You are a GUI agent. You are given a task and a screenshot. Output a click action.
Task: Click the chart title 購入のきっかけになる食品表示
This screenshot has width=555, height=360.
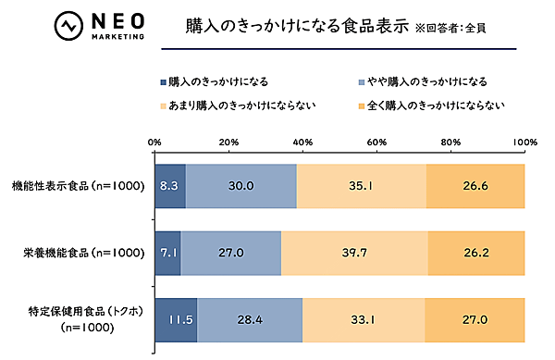coord(284,25)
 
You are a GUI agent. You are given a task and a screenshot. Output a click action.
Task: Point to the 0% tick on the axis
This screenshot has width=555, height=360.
coord(155,142)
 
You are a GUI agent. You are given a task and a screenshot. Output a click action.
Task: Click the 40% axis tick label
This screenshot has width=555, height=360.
coord(302,142)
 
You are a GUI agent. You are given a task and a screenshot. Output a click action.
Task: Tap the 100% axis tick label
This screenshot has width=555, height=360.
coord(524,142)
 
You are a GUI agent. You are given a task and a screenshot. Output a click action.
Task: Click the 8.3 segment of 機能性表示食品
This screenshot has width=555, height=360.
coord(170,186)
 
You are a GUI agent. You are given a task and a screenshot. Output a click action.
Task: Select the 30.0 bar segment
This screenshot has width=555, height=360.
coord(241,186)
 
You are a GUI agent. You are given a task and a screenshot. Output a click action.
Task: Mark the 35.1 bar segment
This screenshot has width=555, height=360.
coord(362,186)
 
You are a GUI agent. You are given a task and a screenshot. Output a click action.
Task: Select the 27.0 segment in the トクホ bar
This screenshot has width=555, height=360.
coord(475,319)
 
